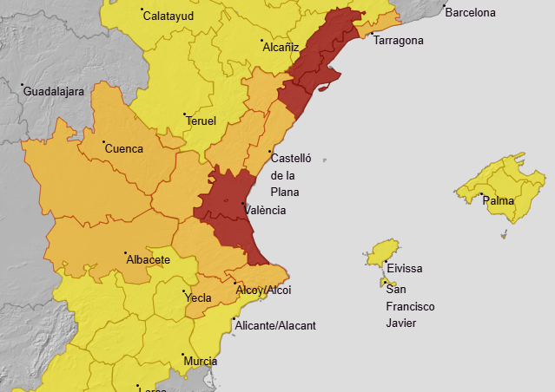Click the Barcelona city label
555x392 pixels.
pyautogui.click(x=470, y=13)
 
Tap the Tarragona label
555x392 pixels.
pyautogui.click(x=399, y=41)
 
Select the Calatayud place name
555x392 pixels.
pyautogui.click(x=168, y=16)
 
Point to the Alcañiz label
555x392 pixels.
pyautogui.click(x=281, y=47)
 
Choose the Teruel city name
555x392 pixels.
pyautogui.click(x=201, y=121)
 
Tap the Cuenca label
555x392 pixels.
pyautogui.click(x=123, y=148)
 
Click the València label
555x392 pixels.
pyautogui.click(x=265, y=210)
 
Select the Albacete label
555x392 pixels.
pyautogui.click(x=148, y=259)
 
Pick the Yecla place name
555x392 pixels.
pyautogui.click(x=198, y=298)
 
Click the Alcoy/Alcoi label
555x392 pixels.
pyautogui.click(x=263, y=290)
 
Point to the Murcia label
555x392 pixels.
pyautogui.click(x=200, y=361)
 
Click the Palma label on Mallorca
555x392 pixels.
pyautogui.click(x=499, y=201)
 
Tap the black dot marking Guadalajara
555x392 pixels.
pyautogui.click(x=23, y=84)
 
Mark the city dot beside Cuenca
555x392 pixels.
pyautogui.click(x=103, y=142)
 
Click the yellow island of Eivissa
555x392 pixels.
pyautogui.click(x=381, y=252)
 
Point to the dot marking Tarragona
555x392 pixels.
pyautogui.click(x=371, y=35)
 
